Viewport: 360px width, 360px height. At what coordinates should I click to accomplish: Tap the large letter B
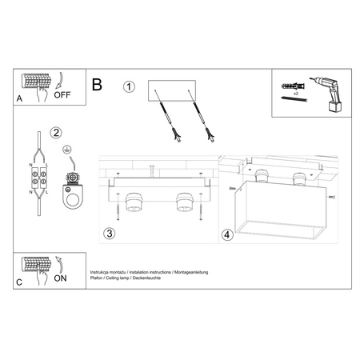tap(97, 83)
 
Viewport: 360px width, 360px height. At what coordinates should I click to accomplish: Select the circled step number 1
tap(130, 87)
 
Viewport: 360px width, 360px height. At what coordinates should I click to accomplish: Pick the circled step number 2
tap(56, 133)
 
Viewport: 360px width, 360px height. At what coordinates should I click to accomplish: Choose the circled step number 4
tap(227, 235)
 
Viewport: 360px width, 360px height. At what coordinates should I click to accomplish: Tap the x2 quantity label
tap(295, 94)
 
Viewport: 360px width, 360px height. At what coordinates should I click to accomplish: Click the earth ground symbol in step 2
tap(68, 149)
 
